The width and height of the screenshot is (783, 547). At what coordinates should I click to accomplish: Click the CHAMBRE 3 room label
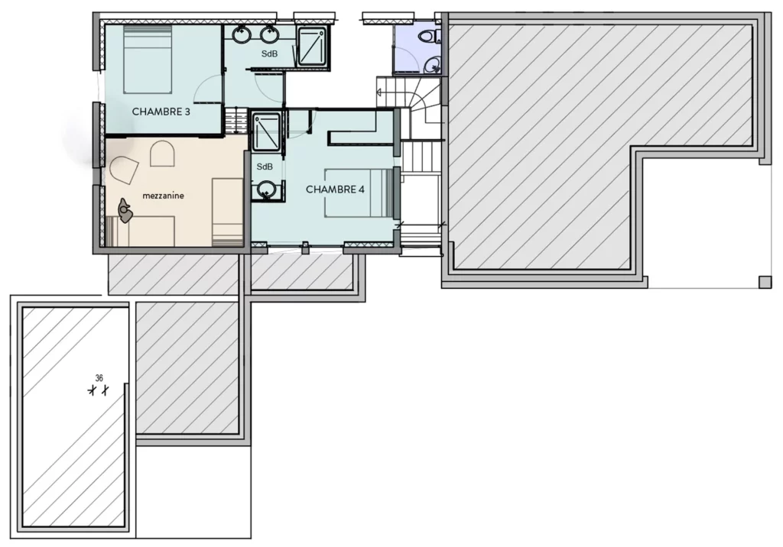[161, 112]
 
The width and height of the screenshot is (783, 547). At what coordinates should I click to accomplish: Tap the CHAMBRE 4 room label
[335, 189]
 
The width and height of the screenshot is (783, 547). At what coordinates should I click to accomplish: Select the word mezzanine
[164, 196]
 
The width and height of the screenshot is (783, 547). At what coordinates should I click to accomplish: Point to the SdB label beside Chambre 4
[265, 167]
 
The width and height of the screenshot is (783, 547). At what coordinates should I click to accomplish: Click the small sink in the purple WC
[434, 66]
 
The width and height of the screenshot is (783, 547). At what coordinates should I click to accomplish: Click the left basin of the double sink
[242, 34]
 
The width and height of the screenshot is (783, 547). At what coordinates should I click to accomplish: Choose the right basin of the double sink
[268, 34]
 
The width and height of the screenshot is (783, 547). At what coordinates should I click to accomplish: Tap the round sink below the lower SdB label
[266, 188]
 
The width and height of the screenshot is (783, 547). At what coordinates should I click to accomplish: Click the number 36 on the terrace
[99, 378]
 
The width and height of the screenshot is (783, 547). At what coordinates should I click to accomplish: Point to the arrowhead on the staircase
[379, 92]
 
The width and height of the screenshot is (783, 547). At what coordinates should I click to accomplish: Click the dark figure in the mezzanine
[124, 209]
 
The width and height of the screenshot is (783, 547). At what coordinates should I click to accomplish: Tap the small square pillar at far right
[765, 282]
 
